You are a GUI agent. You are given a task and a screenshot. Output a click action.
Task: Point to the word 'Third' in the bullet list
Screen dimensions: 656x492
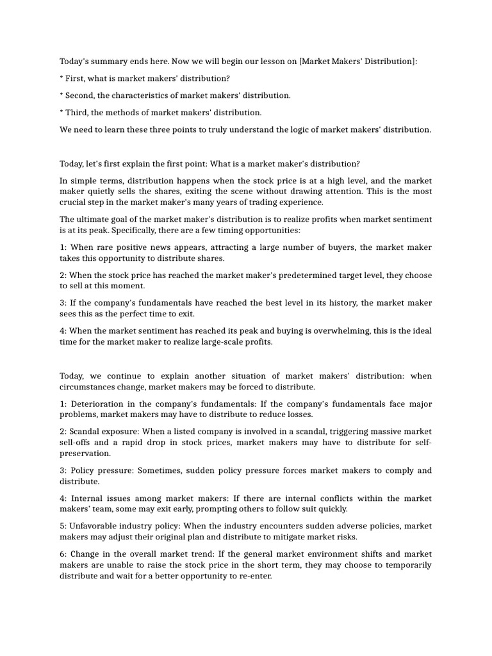click(x=77, y=113)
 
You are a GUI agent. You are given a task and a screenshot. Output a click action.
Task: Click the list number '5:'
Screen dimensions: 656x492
click(x=63, y=526)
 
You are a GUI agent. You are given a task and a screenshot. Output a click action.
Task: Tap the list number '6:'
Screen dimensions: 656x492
click(x=63, y=553)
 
